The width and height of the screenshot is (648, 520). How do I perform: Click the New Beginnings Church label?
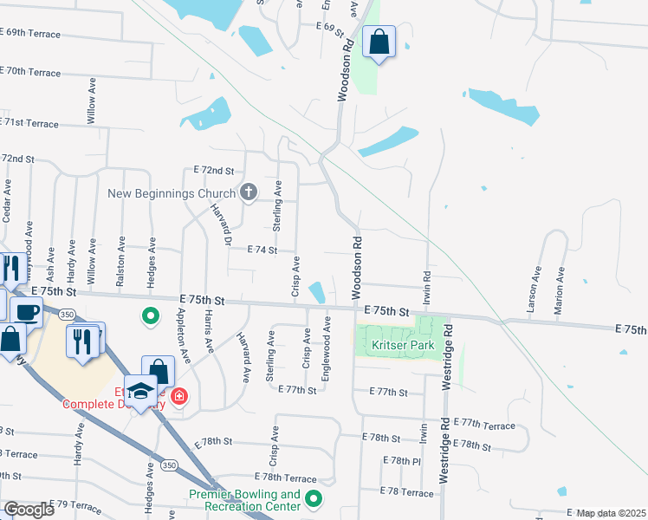(171, 192)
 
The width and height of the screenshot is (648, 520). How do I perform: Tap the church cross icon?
(249, 192)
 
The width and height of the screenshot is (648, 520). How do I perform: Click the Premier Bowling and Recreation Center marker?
(314, 499)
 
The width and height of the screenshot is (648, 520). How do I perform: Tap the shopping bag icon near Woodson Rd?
(379, 42)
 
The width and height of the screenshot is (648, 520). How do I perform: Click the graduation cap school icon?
(140, 392)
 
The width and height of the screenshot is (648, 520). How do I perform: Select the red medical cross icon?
(178, 398)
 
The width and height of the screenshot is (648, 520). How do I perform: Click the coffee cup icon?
(27, 311)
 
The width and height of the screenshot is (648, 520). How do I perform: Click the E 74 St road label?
(261, 250)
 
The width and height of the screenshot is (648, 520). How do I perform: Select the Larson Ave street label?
(532, 289)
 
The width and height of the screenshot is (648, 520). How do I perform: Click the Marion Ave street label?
(560, 289)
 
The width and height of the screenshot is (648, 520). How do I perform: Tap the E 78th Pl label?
(400, 460)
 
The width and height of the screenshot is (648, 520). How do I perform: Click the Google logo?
(29, 509)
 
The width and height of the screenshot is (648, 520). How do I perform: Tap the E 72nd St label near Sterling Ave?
(214, 170)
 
